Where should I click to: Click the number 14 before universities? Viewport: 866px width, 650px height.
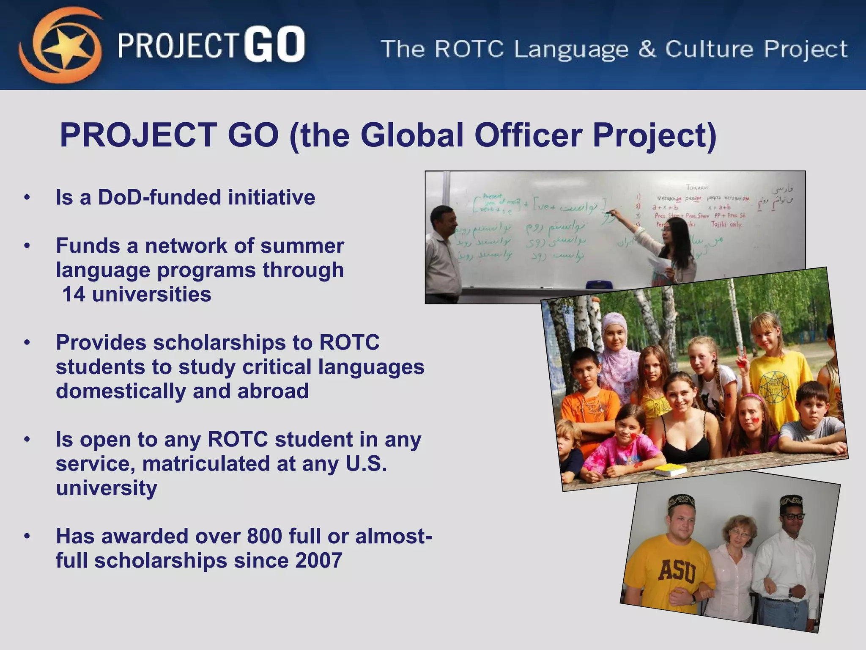click(74, 295)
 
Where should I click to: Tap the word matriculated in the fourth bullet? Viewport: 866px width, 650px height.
click(206, 464)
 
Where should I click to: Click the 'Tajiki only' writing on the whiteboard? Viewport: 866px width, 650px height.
click(726, 224)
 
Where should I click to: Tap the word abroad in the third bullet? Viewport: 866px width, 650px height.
click(273, 391)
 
